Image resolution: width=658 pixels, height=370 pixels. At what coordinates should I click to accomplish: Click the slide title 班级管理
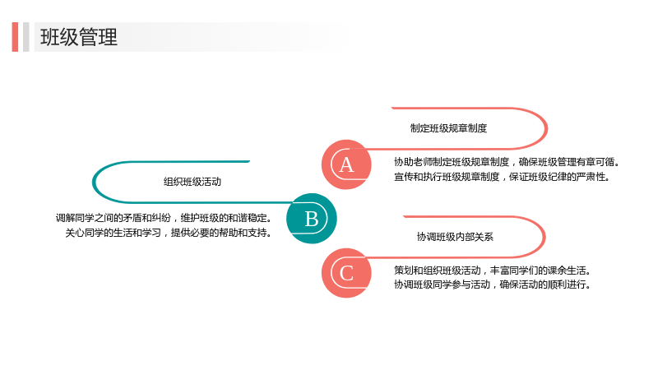tap(79, 37)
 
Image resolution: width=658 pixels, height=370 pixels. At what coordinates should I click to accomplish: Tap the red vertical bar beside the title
tap(15, 37)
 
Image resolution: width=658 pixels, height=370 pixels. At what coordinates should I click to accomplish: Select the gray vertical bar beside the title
tap(26, 37)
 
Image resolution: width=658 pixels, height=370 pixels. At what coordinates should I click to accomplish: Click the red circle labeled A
tap(346, 164)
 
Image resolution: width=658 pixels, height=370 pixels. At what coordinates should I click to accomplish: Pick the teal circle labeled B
tap(312, 219)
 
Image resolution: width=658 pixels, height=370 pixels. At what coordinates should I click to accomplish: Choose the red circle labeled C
tap(346, 273)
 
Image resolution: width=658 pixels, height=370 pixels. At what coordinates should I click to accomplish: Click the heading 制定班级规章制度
tap(448, 128)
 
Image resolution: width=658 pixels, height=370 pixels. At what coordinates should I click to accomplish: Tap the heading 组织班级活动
tap(192, 182)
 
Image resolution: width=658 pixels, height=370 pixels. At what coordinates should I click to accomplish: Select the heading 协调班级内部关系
tap(455, 237)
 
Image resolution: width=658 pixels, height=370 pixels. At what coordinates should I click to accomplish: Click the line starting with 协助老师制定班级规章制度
tap(507, 162)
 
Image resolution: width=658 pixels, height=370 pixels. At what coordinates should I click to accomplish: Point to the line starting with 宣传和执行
tap(502, 177)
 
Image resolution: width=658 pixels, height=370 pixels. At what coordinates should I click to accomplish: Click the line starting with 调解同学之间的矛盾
tap(164, 218)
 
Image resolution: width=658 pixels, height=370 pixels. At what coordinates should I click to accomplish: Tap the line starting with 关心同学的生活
tap(169, 233)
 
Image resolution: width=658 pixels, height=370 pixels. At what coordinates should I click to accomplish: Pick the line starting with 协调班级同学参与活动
tap(493, 284)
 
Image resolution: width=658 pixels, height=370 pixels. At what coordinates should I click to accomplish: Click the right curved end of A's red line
tap(547, 128)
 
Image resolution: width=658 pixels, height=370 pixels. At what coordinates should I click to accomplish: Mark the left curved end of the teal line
tap(93, 182)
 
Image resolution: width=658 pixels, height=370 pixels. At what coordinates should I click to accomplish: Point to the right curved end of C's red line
tap(544, 237)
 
